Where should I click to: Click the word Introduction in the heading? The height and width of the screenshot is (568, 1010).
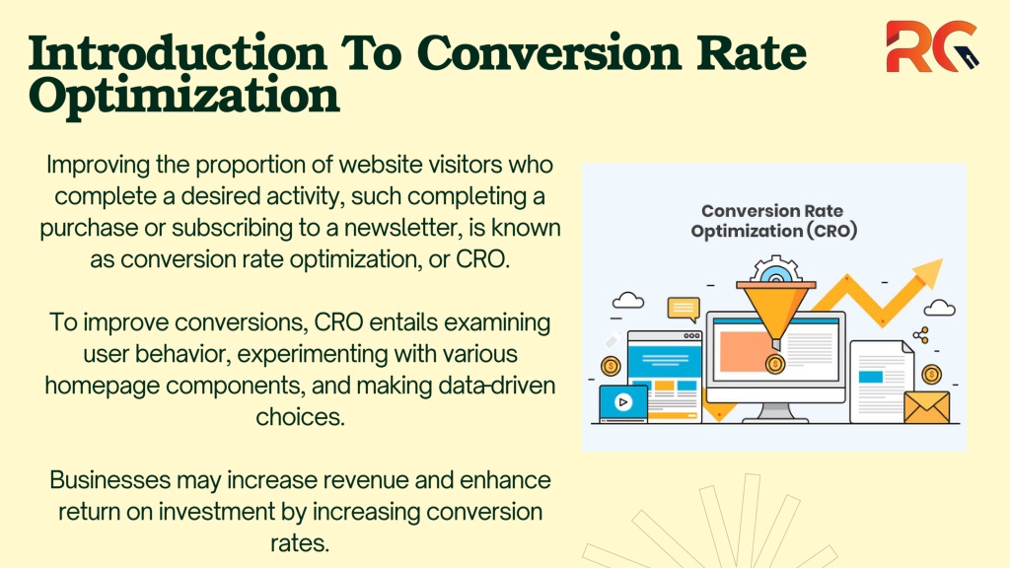pyautogui.click(x=178, y=52)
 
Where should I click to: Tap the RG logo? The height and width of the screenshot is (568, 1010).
pyautogui.click(x=933, y=46)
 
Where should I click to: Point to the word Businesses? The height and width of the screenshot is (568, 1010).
pyautogui.click(x=110, y=480)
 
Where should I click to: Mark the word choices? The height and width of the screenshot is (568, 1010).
pyautogui.click(x=300, y=417)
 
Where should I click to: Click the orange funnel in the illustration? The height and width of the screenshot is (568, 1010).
pyautogui.click(x=775, y=312)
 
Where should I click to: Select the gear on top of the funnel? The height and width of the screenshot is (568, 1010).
pyautogui.click(x=776, y=269)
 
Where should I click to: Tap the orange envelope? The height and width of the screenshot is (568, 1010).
pyautogui.click(x=926, y=407)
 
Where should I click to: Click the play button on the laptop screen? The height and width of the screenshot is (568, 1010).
pyautogui.click(x=622, y=402)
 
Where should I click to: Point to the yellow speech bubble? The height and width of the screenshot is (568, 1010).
pyautogui.click(x=684, y=309)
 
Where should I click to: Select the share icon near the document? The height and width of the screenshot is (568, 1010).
pyautogui.click(x=921, y=335)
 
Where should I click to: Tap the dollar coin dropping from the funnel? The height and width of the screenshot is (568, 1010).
pyautogui.click(x=775, y=365)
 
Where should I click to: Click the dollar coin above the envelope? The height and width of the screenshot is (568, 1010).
pyautogui.click(x=931, y=374)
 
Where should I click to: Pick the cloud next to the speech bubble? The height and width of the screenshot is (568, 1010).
pyautogui.click(x=628, y=300)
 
